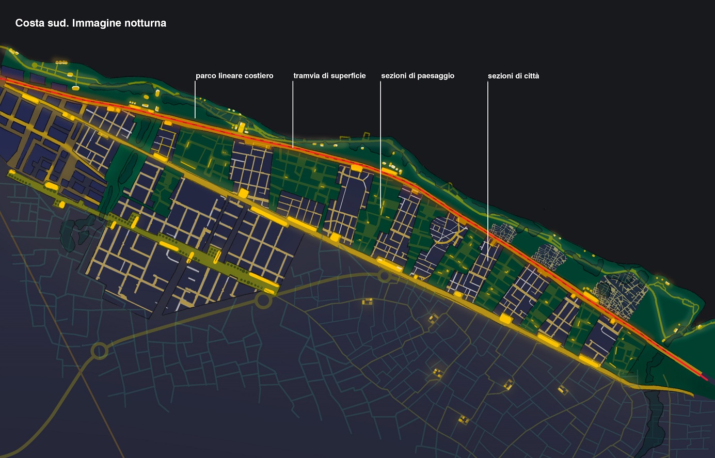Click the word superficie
pyautogui.click(x=348, y=76)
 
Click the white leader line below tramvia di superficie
pyautogui.click(x=293, y=114)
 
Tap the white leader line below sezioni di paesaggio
pyautogui.click(x=380, y=145)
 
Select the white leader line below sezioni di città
pyautogui.click(x=488, y=170)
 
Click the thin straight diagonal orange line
pyautogui.click(x=62, y=336)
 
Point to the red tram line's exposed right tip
pyautogui.click(x=705, y=377)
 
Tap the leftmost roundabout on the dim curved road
pyautogui.click(x=99, y=352)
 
